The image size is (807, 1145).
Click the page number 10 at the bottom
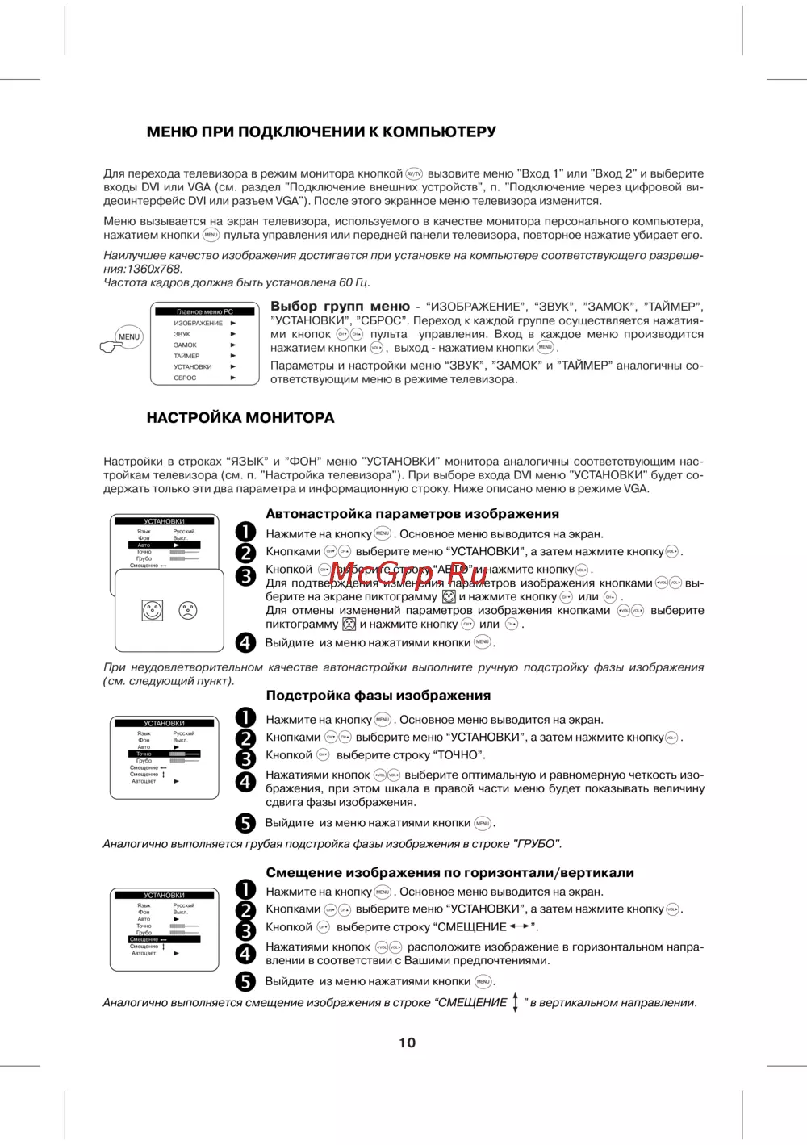click(407, 1043)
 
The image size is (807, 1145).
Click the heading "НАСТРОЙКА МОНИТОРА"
click(240, 418)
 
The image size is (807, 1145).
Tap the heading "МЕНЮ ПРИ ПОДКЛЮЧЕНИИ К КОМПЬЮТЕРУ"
click(321, 132)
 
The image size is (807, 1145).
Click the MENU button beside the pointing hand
click(129, 336)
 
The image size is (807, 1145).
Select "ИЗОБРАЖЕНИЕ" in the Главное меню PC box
click(199, 323)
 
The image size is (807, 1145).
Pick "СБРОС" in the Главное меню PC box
click(186, 378)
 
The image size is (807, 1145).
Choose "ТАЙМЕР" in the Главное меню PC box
click(187, 356)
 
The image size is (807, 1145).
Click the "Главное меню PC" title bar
click(204, 311)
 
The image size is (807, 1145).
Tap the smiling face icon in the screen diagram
click(153, 610)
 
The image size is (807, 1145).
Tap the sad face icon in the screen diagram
click(188, 610)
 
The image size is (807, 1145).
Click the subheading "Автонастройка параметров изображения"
click(412, 514)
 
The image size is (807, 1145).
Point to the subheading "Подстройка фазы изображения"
click(378, 696)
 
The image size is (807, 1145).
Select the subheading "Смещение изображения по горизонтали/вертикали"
click(449, 873)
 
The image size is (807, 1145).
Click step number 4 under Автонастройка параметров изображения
click(245, 643)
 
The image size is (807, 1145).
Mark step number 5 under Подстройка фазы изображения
click(245, 823)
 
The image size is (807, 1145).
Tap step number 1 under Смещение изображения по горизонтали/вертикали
click(245, 890)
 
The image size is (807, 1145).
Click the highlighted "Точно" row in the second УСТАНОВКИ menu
click(164, 754)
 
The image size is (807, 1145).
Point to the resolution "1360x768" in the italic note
click(154, 270)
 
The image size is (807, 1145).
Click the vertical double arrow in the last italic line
click(516, 1003)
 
